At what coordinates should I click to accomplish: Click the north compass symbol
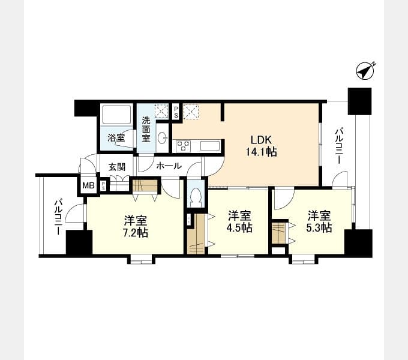(x=365, y=71)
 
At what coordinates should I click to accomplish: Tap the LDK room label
(x=261, y=140)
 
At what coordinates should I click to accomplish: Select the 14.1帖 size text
(x=261, y=152)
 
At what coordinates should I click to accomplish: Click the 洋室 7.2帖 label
(x=136, y=226)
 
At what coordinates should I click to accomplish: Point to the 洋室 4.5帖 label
(x=239, y=221)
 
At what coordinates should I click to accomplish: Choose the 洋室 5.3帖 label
(x=319, y=221)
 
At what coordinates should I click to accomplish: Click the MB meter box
(x=88, y=186)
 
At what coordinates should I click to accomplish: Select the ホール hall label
(x=169, y=166)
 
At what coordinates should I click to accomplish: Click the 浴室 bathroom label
(x=116, y=137)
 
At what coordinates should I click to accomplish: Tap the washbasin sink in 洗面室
(x=163, y=137)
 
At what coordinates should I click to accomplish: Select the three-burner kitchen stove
(x=184, y=146)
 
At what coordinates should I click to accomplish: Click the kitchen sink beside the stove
(x=210, y=146)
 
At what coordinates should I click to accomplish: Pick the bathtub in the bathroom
(x=116, y=115)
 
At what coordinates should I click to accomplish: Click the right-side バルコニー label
(x=339, y=145)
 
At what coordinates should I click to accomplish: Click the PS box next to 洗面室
(x=176, y=112)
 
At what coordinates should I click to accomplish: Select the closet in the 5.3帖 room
(x=278, y=233)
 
